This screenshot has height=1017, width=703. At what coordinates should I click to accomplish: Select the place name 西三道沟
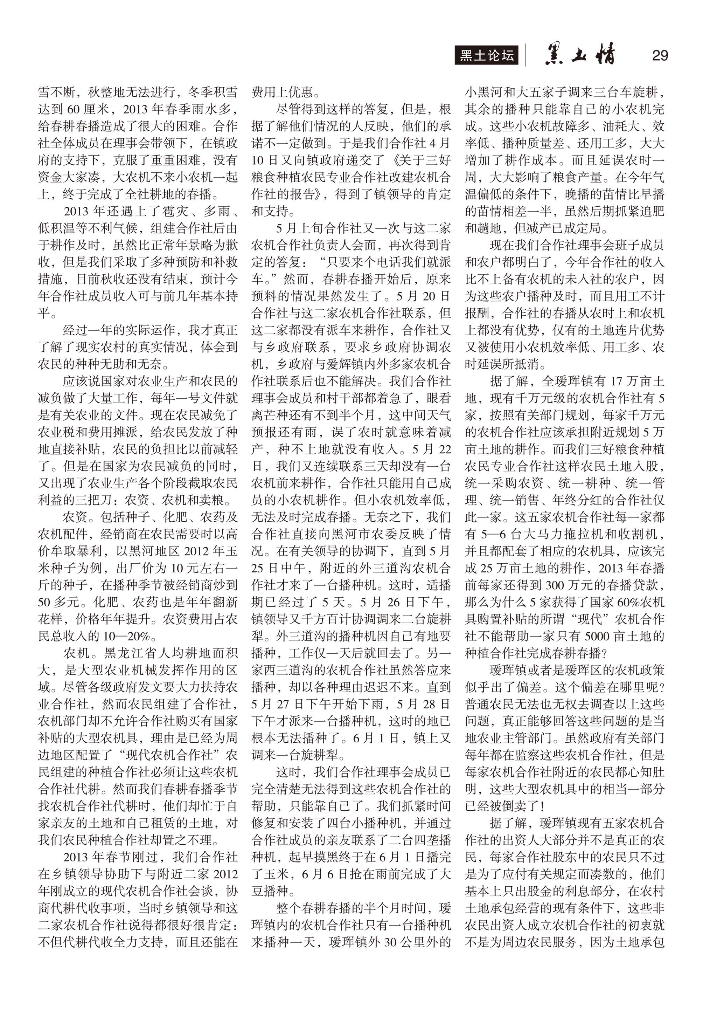click(x=295, y=670)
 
